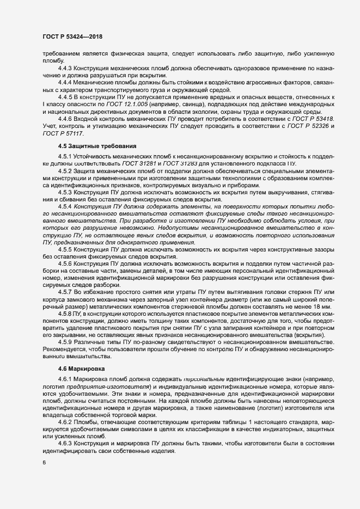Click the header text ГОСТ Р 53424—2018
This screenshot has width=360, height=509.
point(72,36)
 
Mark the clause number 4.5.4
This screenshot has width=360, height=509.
point(68,207)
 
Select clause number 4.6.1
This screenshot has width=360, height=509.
point(68,379)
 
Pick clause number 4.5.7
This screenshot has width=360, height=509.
point(68,292)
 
